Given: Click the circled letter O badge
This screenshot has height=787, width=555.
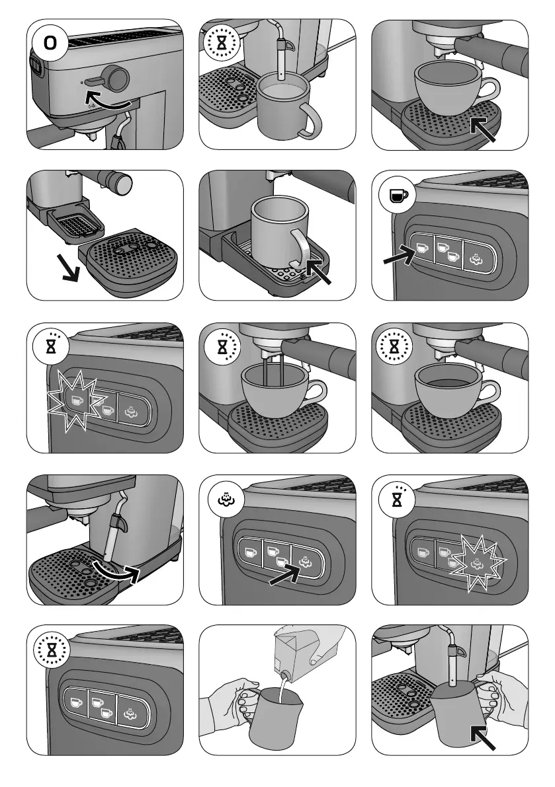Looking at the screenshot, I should (50, 44).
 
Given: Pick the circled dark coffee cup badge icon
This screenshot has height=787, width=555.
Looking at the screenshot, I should (396, 196).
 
